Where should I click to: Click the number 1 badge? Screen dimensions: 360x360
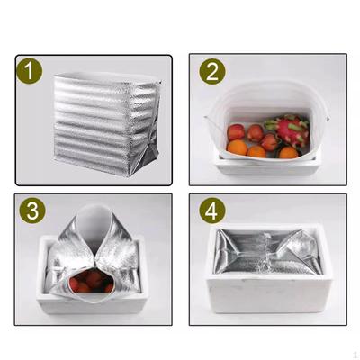click(x=30, y=71)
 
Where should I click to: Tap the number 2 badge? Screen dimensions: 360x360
click(x=212, y=71)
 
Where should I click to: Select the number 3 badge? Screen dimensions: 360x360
click(x=32, y=211)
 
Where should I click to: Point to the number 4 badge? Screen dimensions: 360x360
click(x=212, y=211)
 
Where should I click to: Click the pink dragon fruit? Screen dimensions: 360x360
click(x=289, y=129)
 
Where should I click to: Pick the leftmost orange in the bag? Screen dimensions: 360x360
click(x=238, y=147)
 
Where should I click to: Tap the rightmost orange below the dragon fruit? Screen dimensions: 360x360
click(x=289, y=152)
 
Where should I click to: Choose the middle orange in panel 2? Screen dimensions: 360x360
click(x=256, y=151)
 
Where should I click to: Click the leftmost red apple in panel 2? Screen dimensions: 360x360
click(x=236, y=132)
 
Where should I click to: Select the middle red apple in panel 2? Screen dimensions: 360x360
click(x=256, y=133)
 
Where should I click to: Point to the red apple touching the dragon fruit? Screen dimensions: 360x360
click(x=270, y=142)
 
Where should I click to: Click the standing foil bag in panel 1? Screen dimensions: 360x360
click(x=106, y=124)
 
